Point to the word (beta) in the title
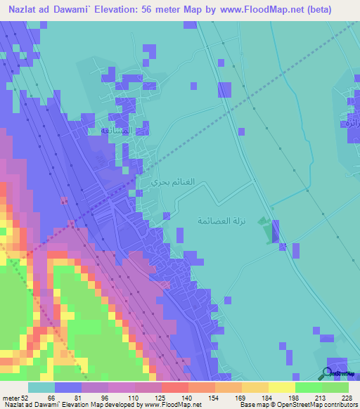point(332,10)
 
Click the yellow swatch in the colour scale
point(281,387)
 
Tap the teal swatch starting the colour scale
point(41,387)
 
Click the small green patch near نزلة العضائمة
point(264,230)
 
